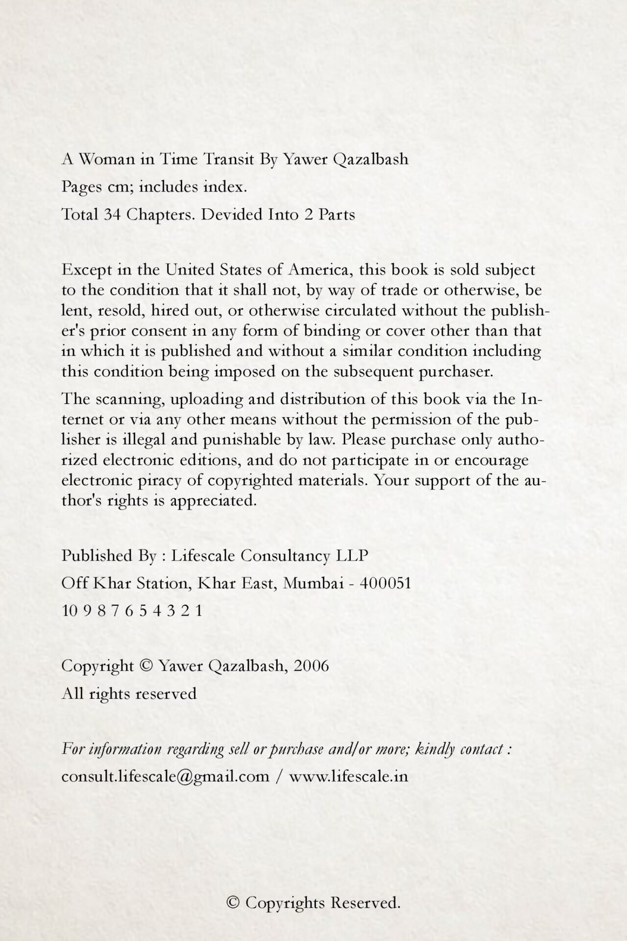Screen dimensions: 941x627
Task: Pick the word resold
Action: pyautogui.click(x=121, y=311)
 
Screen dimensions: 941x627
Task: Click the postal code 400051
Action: pyautogui.click(x=385, y=583)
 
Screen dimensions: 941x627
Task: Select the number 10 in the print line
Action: pyautogui.click(x=69, y=611)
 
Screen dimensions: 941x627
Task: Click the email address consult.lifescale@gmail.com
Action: pyautogui.click(x=166, y=777)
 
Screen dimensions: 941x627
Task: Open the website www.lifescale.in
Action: pyautogui.click(x=348, y=777)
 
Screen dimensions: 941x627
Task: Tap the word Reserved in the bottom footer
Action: pyautogui.click(x=365, y=903)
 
